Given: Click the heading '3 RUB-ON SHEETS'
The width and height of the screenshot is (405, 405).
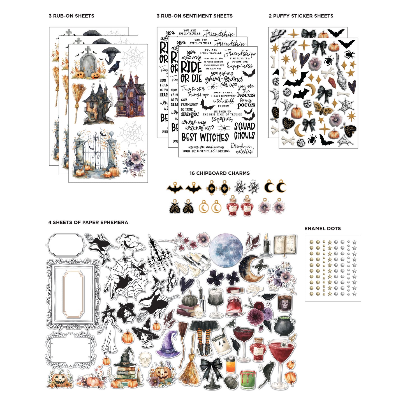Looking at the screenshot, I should click(71, 16).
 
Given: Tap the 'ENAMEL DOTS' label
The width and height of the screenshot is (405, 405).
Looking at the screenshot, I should click(322, 229).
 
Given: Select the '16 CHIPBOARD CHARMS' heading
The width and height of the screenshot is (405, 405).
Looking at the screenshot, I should click(219, 173).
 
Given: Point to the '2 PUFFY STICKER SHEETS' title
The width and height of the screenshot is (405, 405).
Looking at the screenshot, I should click(301, 16).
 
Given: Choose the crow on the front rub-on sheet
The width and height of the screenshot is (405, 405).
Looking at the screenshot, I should click(114, 68).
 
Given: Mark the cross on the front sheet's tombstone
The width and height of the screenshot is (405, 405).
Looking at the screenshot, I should click(88, 50).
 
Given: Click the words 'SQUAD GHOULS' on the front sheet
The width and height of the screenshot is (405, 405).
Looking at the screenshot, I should click(244, 131).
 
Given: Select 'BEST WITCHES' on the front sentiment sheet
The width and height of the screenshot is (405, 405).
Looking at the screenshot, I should click(205, 137).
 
